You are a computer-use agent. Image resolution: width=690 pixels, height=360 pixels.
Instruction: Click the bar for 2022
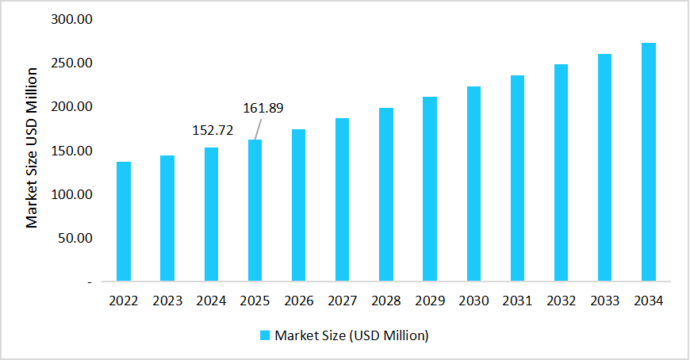[124, 221]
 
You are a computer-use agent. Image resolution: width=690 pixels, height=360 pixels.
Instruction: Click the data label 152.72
[211, 130]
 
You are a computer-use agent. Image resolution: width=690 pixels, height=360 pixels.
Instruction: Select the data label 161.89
[263, 108]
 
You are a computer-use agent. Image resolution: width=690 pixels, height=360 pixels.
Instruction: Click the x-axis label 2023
[167, 301]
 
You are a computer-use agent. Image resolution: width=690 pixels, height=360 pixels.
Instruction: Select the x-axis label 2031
[517, 301]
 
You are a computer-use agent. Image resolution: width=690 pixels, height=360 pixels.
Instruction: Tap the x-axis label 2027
[342, 301]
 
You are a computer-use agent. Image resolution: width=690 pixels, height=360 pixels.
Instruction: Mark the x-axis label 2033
[604, 301]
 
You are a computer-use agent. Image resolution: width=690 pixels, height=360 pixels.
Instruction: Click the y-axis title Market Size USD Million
[32, 149]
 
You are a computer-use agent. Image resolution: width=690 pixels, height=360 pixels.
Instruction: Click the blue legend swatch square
[266, 335]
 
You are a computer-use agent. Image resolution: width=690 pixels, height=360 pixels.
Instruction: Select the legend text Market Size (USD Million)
[351, 335]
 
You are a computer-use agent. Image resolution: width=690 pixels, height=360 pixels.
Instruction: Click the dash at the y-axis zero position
[90, 281]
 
